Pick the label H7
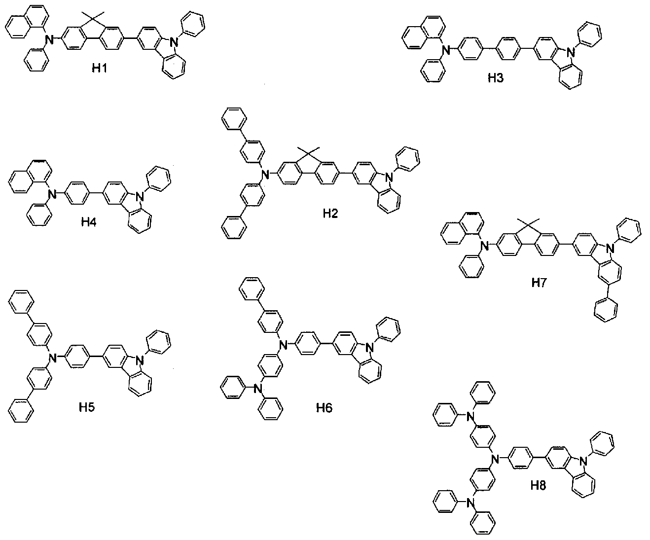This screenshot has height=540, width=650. pos(539,283)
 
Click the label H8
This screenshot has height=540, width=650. pos(539,486)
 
